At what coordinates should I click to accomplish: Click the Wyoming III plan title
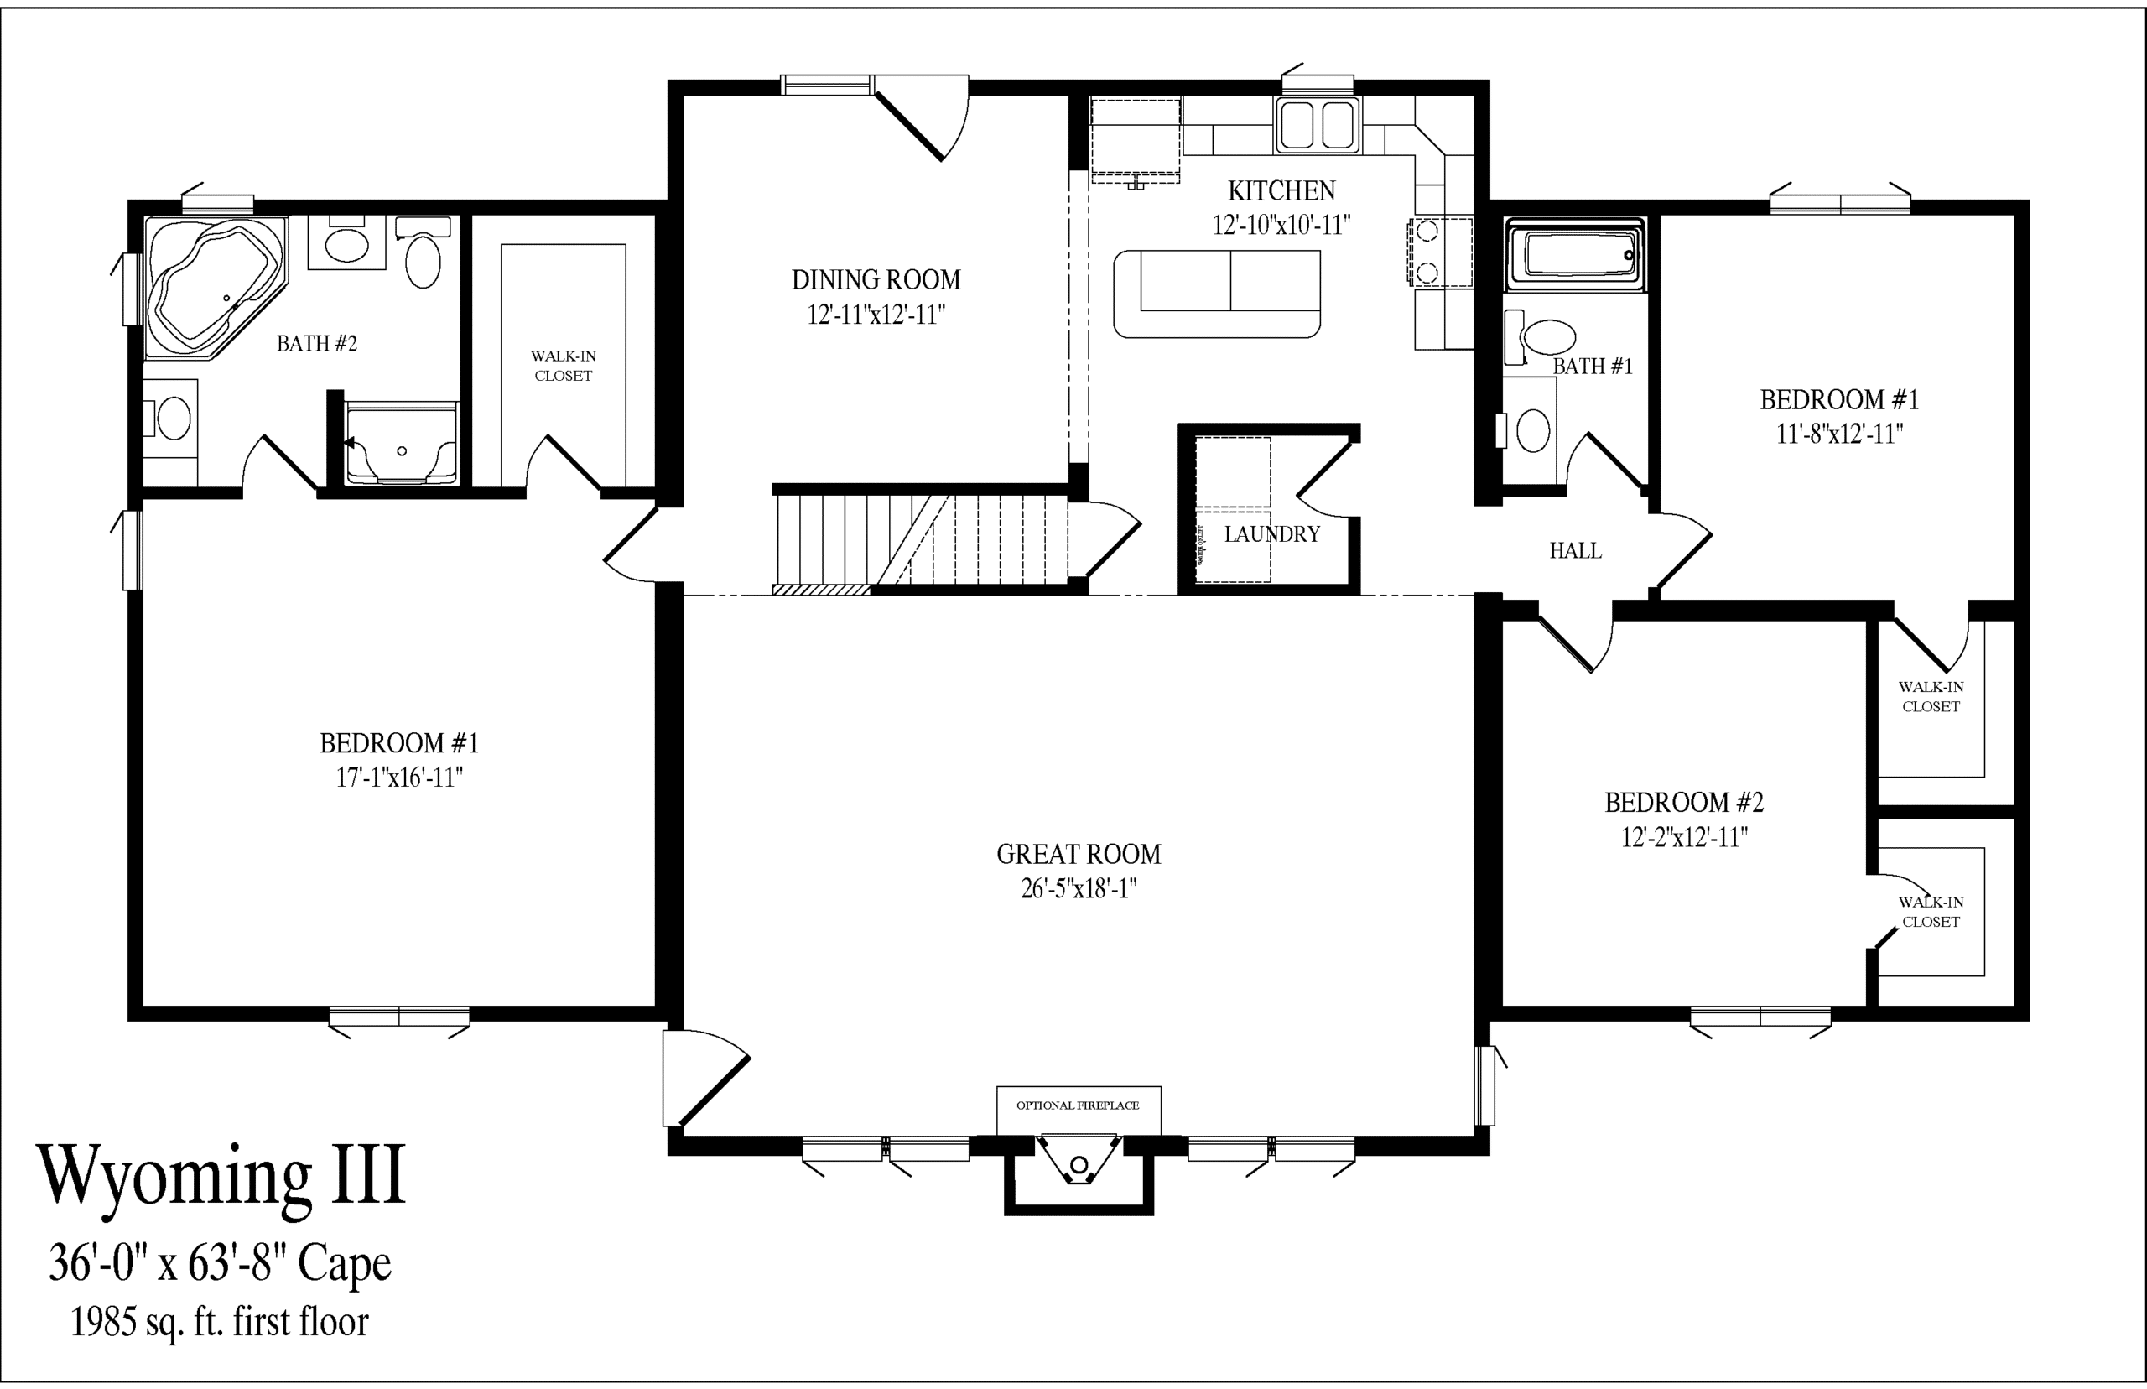[x=221, y=1177]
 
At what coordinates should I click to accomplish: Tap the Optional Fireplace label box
[x=1079, y=1111]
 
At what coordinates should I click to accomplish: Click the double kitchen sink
[x=1318, y=125]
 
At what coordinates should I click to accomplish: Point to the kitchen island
[x=1217, y=294]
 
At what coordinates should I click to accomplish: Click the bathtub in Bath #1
[x=1575, y=255]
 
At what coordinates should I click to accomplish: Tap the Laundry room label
[x=1271, y=535]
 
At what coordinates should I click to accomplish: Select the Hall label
[x=1575, y=551]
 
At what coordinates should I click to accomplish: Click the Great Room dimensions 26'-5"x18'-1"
[x=1079, y=889]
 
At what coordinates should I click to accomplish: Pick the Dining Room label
[x=876, y=280]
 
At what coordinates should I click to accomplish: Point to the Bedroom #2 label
[x=1683, y=802]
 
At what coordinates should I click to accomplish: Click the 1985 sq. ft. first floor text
[x=220, y=1322]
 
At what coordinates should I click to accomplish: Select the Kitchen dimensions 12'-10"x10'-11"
[x=1281, y=225]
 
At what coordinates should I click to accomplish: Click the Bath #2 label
[x=316, y=344]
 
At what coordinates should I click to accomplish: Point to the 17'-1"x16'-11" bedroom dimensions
[x=399, y=778]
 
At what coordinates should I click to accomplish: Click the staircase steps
[x=921, y=540]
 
